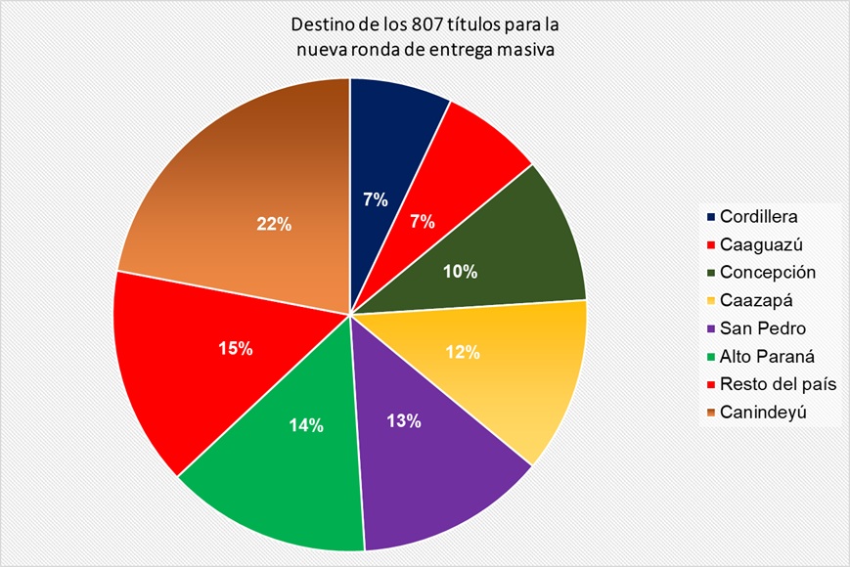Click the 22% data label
[x=275, y=224]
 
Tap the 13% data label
[x=403, y=421]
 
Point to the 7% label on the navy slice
[x=376, y=200]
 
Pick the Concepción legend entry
[x=767, y=271]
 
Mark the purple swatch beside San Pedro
[x=709, y=327]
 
